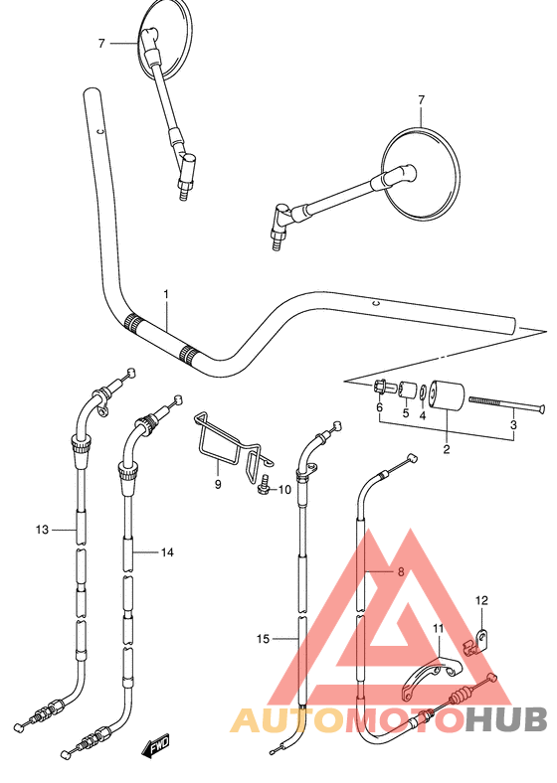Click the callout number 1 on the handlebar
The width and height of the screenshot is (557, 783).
166,294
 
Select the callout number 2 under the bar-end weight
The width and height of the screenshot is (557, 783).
447,450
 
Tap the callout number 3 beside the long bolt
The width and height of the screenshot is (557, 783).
513,426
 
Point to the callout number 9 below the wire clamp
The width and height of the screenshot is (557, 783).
217,484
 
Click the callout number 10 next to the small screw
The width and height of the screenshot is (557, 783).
284,489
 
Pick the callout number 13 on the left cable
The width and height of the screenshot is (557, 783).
41,531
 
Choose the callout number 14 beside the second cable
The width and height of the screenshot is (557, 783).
167,550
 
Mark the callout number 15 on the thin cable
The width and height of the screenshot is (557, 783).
264,640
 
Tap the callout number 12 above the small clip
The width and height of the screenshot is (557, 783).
481,600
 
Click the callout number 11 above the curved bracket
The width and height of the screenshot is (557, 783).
438,628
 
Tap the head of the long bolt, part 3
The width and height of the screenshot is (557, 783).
542,407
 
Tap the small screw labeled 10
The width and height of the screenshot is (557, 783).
265,488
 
